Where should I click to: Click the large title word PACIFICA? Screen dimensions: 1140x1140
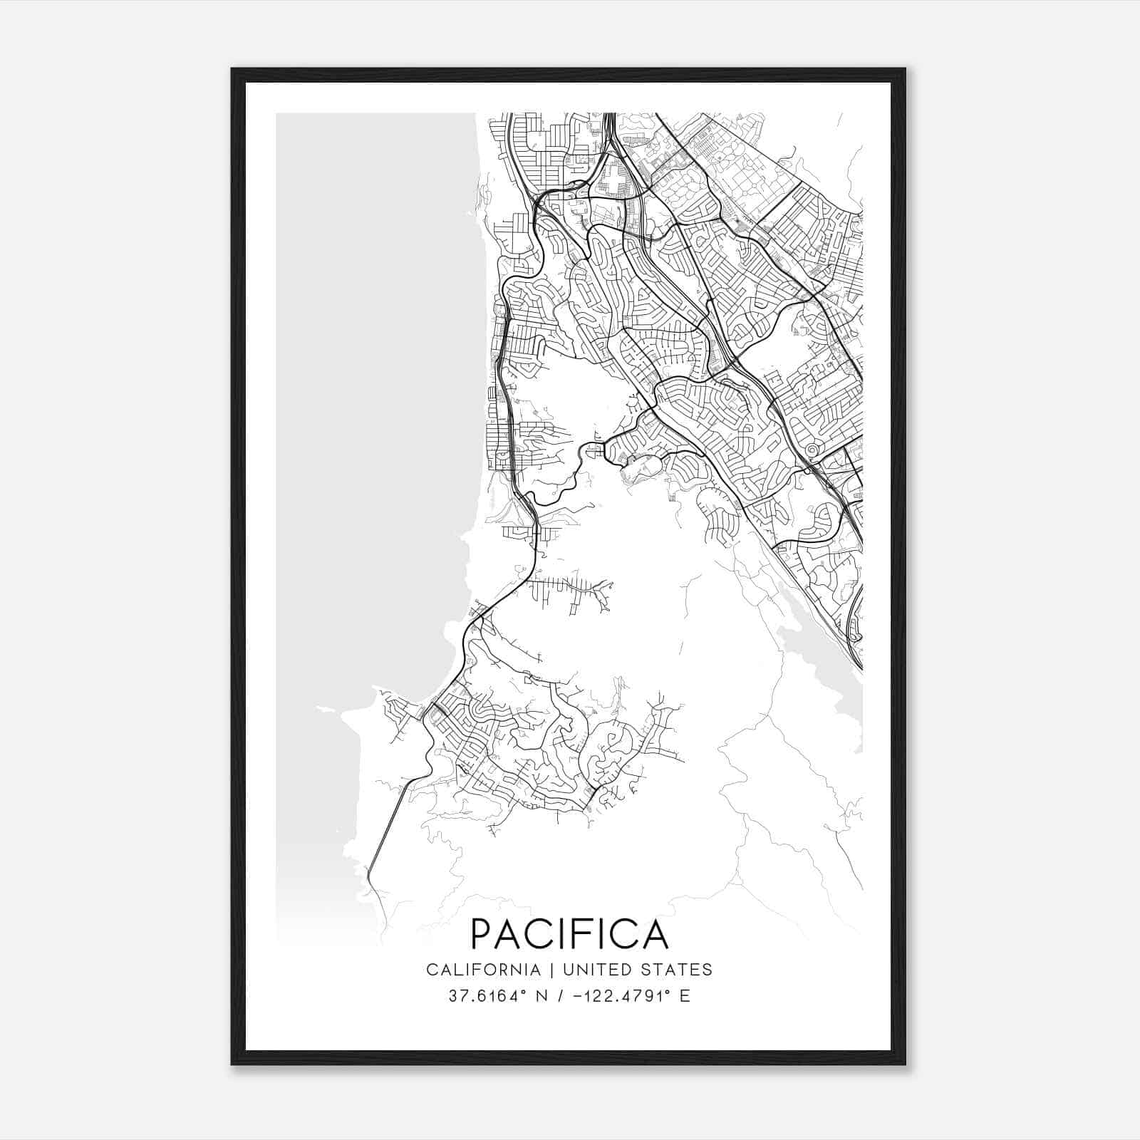[x=569, y=934]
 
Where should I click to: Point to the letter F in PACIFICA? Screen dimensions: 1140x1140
[x=589, y=934]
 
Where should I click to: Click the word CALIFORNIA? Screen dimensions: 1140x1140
[x=482, y=970]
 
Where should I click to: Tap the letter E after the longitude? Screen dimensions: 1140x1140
[x=685, y=996]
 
